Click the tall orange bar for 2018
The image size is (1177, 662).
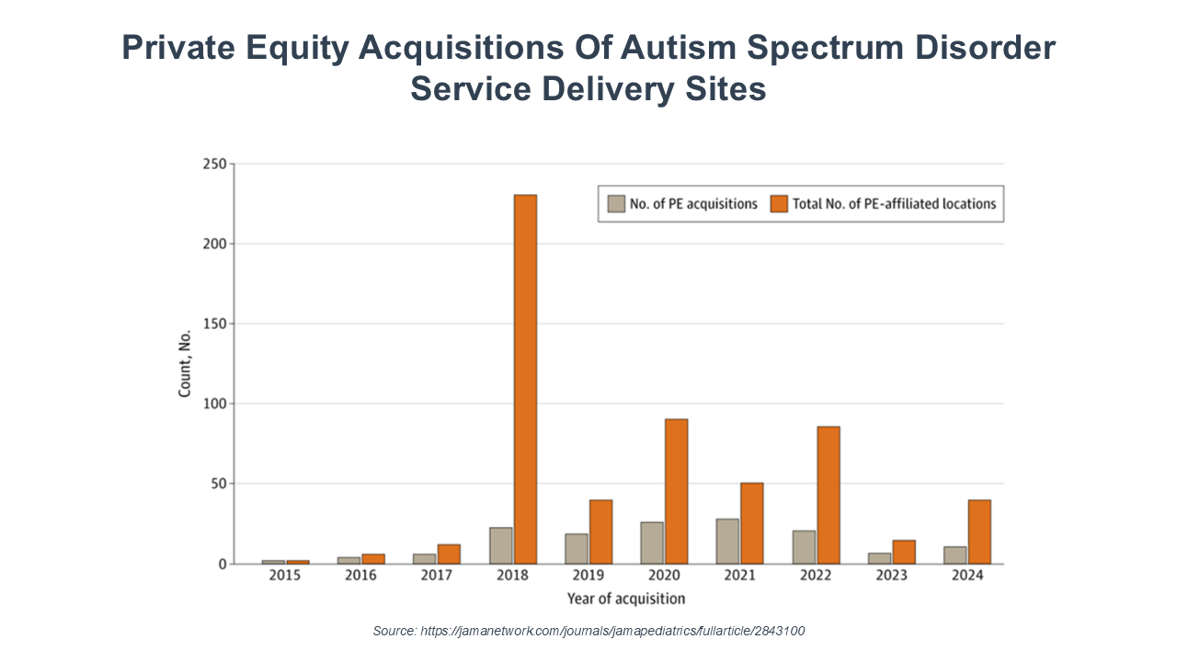point(525,379)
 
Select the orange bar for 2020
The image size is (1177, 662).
point(676,491)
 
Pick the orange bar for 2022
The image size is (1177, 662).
point(828,495)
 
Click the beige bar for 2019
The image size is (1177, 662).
point(577,548)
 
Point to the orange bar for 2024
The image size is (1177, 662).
point(978,531)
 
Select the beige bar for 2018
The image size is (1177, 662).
point(501,545)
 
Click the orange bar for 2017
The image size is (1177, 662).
point(449,554)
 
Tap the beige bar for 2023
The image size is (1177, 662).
point(880,558)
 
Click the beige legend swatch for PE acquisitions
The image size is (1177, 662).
point(616,204)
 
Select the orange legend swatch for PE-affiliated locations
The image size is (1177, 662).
point(779,204)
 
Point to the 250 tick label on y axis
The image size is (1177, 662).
point(215,165)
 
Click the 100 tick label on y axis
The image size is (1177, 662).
point(215,404)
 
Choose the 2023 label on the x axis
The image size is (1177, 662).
point(892,576)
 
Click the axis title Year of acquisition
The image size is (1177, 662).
point(625,599)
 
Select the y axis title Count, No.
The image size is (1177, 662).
point(185,363)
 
